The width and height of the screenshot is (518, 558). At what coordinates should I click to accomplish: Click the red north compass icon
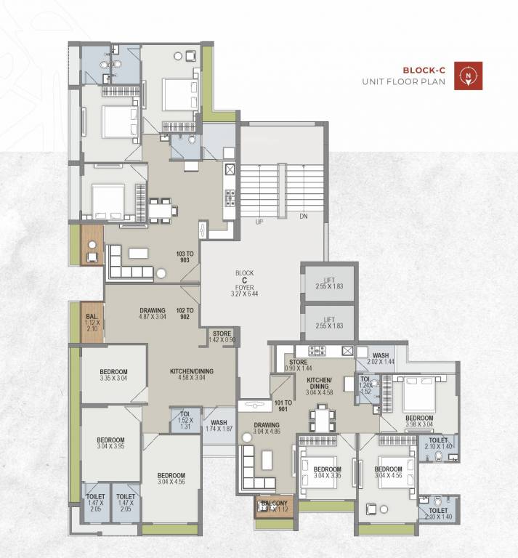tap(468, 76)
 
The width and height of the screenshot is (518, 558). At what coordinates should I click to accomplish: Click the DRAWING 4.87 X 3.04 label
tap(153, 314)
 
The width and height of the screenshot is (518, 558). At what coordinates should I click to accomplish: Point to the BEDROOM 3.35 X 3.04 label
tap(113, 374)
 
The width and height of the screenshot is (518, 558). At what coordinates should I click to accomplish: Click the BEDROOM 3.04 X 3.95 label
tap(110, 444)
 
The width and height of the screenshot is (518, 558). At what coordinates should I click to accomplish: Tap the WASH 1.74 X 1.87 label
tap(219, 426)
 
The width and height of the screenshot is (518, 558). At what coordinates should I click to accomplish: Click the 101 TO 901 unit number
tap(283, 406)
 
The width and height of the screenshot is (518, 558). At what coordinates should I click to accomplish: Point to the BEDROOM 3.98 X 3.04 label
tap(419, 421)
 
